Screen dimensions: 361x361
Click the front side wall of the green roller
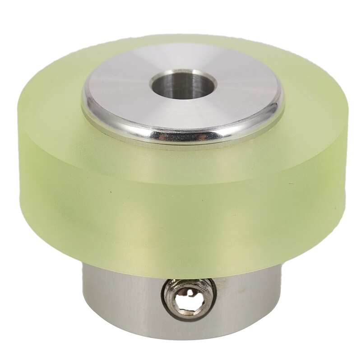pos(180,208)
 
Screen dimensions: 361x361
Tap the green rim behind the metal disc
pos(180,38)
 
